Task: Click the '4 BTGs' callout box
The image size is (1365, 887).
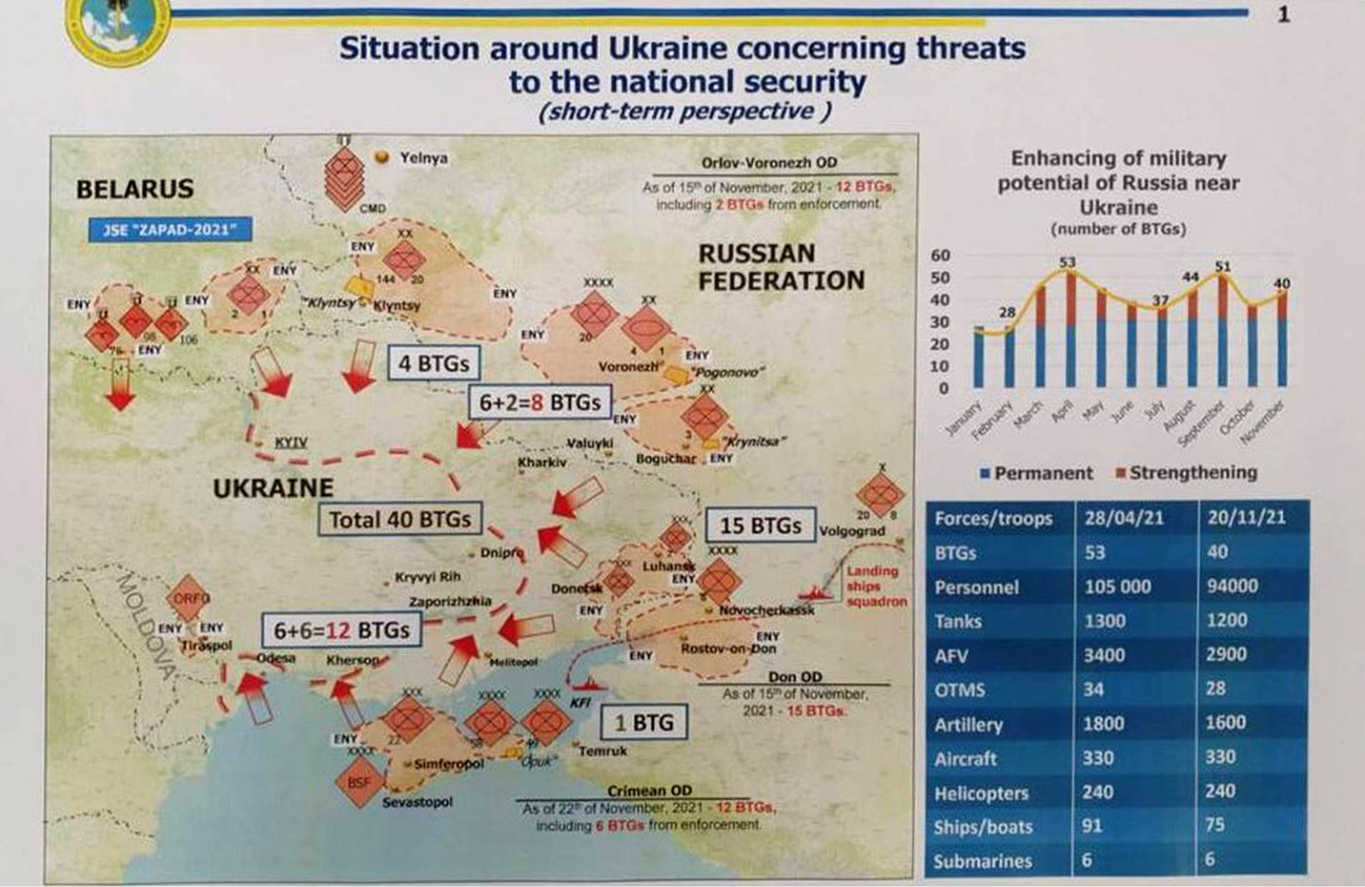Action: tap(433, 363)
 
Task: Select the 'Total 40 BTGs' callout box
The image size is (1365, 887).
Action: tap(399, 520)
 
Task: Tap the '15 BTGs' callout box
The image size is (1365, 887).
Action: tap(760, 526)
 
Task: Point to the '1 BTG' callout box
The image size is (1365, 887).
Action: tap(643, 723)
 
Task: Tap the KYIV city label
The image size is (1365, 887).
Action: tap(291, 443)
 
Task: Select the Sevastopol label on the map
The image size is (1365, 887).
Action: tap(418, 802)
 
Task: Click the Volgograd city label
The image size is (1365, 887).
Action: tap(852, 531)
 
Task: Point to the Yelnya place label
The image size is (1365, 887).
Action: tap(423, 158)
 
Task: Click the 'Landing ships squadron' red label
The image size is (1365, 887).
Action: tap(872, 586)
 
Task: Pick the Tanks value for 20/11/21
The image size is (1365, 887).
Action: tap(1227, 621)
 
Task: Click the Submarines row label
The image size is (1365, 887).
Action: tap(983, 861)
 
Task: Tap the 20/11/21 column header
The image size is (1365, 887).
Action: tap(1246, 518)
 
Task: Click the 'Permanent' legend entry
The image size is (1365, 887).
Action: tap(1036, 473)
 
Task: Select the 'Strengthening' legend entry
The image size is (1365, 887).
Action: tap(1186, 472)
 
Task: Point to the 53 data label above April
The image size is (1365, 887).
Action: tap(1067, 262)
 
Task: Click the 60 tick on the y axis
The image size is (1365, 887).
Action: tap(940, 256)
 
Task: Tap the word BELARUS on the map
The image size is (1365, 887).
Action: tap(134, 189)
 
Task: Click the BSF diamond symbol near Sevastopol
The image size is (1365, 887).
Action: tap(358, 782)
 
